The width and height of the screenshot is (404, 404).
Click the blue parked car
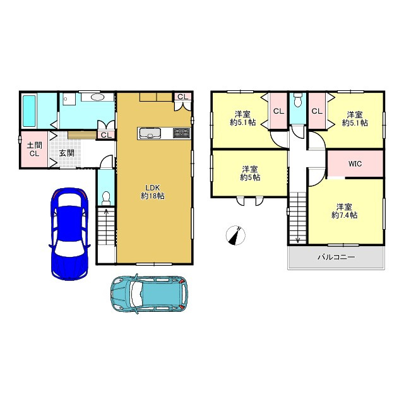coord(69,234)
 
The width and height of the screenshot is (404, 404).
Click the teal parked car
coord(149,294)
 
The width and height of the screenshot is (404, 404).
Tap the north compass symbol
coord(235,235)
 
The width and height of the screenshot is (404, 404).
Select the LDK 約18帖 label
coord(153,192)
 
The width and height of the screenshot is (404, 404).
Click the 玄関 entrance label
coord(67,153)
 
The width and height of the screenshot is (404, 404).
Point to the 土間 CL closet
coord(34,150)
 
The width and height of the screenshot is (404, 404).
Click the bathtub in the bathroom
coord(29,111)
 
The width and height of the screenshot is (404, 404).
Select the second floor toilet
coord(297,100)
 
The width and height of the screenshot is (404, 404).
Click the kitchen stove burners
coord(182,133)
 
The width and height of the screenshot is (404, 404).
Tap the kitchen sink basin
coord(150,133)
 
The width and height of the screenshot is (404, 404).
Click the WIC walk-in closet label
coord(355,163)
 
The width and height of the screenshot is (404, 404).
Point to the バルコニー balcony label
coord(336,257)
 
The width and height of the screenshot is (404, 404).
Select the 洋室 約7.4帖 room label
coord(344,211)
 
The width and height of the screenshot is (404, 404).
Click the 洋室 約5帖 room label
coord(250,173)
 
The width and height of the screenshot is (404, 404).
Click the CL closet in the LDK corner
coord(182,97)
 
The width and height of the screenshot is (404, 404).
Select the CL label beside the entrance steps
coord(107,135)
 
